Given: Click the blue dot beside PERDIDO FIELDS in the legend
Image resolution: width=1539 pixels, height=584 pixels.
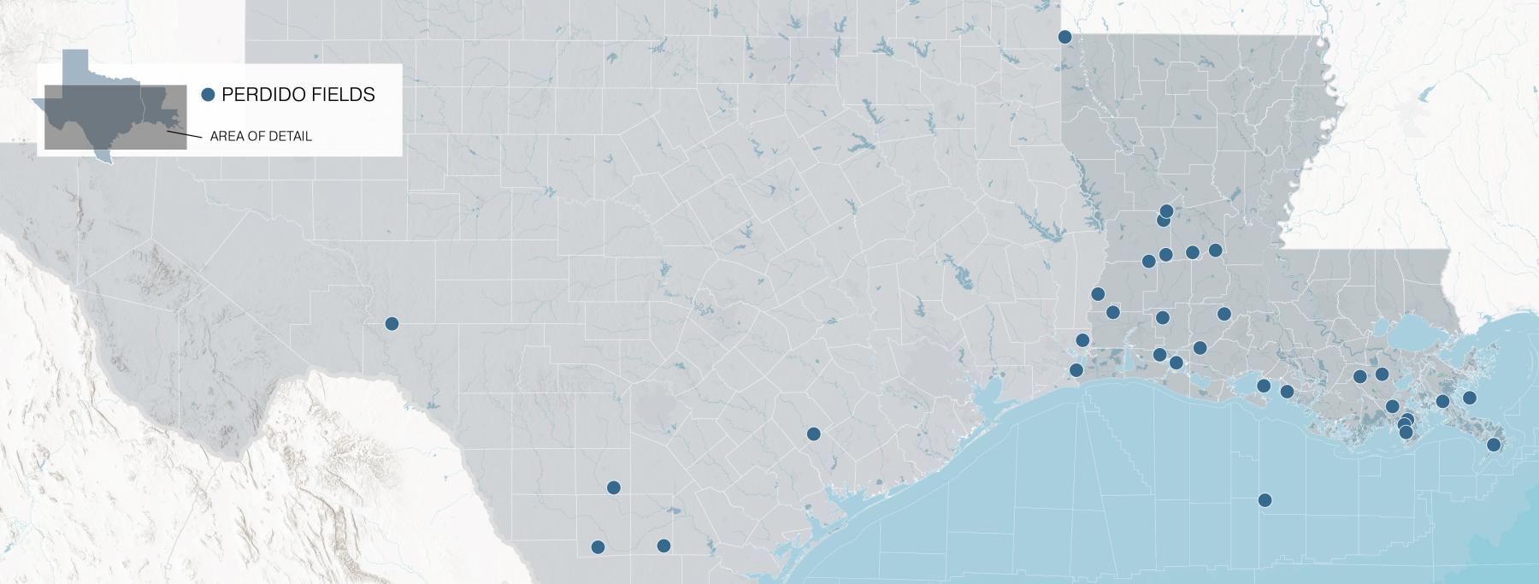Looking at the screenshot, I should [207, 95].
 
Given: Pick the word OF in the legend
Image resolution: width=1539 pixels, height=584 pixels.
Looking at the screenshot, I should [255, 136].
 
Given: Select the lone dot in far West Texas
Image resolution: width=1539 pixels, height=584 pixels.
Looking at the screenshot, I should [392, 323].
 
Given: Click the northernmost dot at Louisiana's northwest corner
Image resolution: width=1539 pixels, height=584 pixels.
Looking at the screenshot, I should [1064, 37].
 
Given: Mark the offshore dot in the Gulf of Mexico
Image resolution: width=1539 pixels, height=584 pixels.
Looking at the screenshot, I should [1265, 500].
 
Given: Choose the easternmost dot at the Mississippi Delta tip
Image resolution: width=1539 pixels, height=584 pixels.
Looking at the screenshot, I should [1494, 445].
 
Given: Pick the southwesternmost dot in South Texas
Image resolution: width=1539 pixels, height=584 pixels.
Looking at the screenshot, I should [598, 547].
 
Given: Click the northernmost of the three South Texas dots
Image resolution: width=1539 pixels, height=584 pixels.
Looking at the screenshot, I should [613, 487].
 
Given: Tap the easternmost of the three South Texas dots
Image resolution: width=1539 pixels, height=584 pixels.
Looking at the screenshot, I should [663, 546].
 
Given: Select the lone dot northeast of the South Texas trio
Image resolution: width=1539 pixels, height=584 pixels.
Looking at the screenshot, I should [813, 434].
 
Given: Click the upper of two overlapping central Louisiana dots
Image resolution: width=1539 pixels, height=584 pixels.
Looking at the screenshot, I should [1167, 210].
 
